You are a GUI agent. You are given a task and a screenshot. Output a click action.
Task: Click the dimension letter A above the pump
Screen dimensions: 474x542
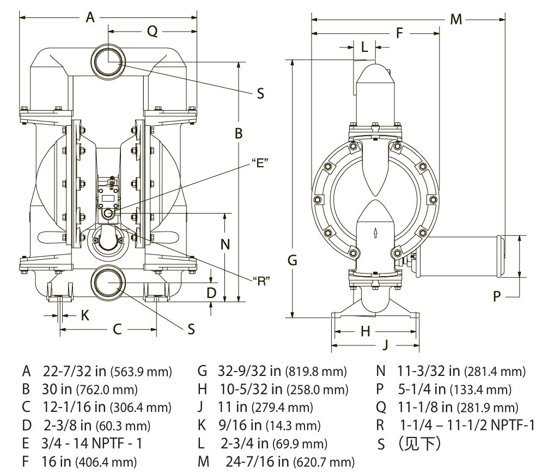pos(90,17)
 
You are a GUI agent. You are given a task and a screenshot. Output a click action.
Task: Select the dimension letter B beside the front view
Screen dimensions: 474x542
pos(239,133)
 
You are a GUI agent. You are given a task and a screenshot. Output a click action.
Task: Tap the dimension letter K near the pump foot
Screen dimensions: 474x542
pos(84,314)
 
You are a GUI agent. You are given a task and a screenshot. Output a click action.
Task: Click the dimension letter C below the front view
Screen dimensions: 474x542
pos(117,329)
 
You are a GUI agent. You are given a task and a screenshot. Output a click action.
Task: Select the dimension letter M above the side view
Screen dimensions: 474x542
pos(456,20)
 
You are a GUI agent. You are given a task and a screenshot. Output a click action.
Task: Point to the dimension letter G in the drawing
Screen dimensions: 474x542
pos(293,260)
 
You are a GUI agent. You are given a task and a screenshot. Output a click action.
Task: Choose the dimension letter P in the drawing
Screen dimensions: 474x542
pos(496,296)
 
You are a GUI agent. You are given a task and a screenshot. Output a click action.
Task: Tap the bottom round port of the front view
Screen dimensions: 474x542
pos(109,282)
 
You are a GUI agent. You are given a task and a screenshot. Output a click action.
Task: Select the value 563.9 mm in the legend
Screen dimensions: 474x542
pos(141,373)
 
